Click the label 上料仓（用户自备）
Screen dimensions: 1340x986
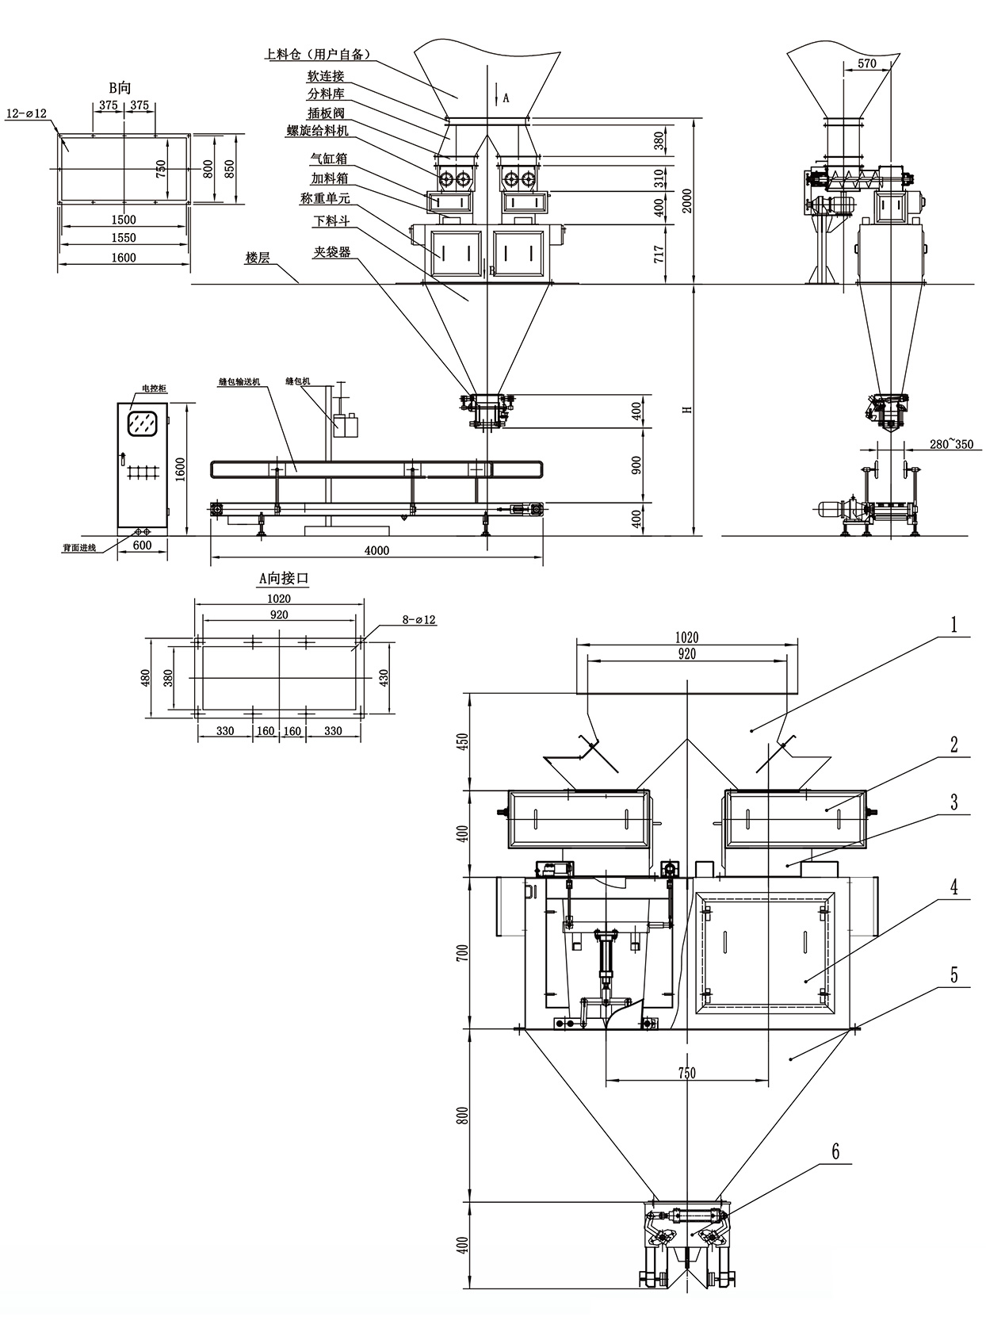tap(318, 55)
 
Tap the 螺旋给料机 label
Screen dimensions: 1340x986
tap(317, 131)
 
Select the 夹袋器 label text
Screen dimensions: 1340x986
tap(331, 252)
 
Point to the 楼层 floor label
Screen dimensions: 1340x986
tap(258, 258)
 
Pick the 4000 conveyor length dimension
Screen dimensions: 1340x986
tap(376, 550)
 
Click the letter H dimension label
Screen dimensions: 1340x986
tap(688, 409)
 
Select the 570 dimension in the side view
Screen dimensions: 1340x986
tap(867, 63)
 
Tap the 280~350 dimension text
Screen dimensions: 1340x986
tap(950, 444)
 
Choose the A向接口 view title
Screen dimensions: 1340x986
tap(284, 579)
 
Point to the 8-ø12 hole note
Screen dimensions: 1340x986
tap(419, 620)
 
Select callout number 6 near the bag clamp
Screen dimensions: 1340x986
tap(835, 1152)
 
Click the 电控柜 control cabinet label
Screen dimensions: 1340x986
tap(154, 389)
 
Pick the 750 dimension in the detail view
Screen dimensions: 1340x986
tap(686, 1073)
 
